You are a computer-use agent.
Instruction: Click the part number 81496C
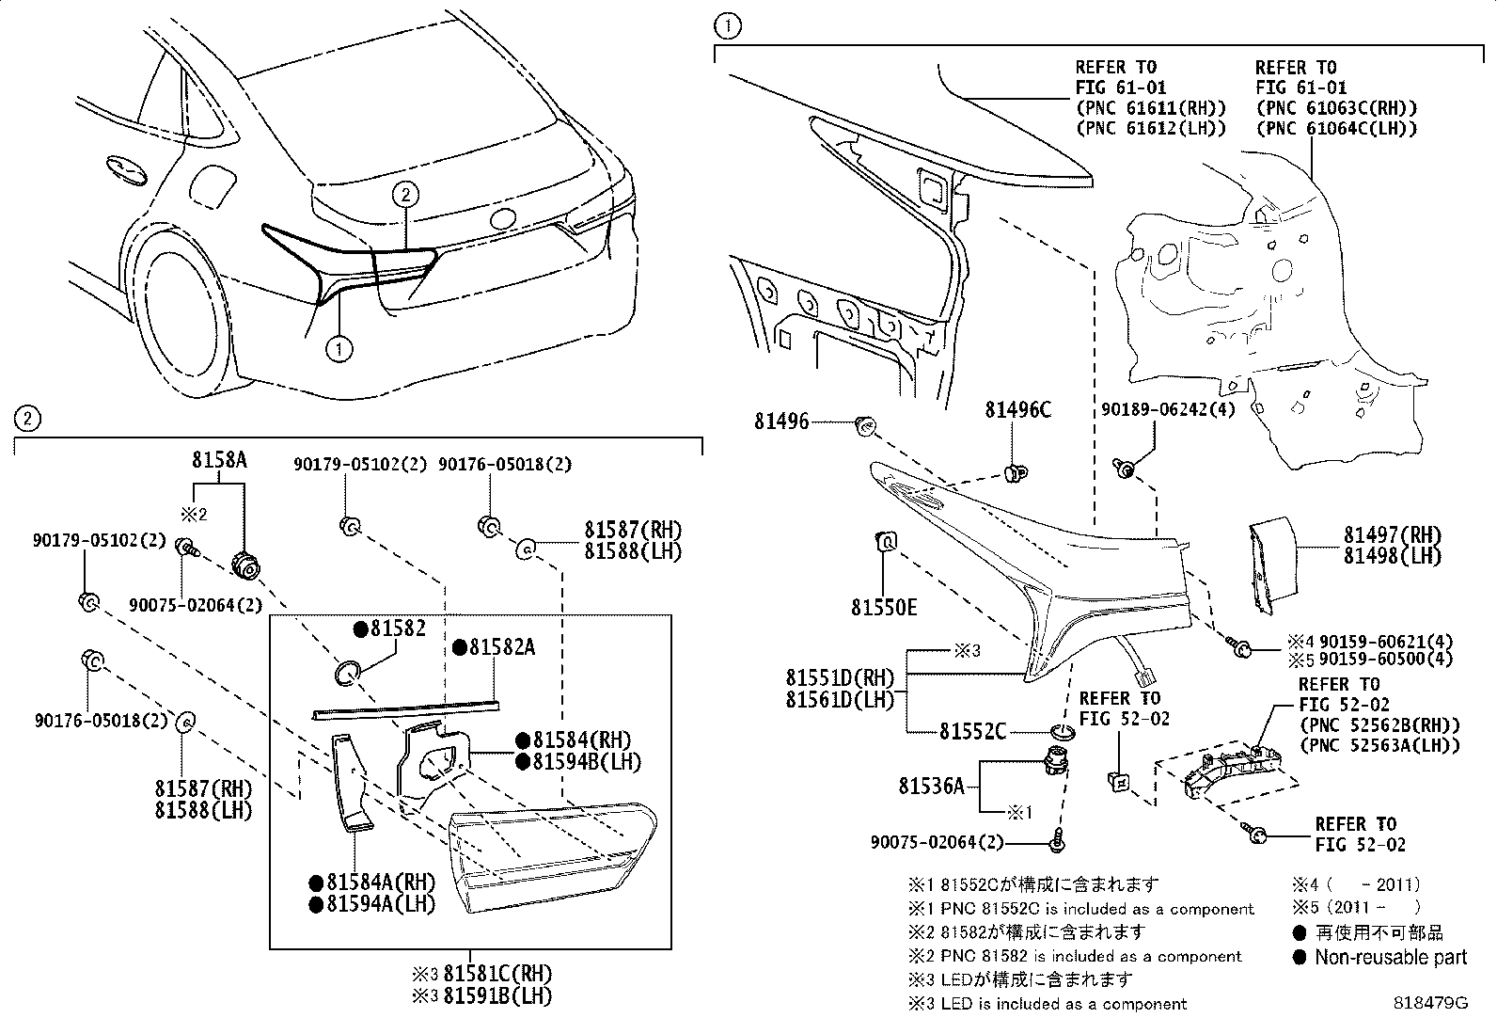(x=1017, y=410)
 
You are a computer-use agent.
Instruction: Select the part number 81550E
(x=884, y=608)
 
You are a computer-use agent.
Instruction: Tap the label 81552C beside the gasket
(x=972, y=731)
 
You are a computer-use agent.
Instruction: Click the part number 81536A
(x=931, y=786)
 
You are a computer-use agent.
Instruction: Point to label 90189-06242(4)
(x=1168, y=409)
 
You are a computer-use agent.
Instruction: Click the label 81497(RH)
(x=1392, y=534)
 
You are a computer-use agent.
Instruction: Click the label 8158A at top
(x=219, y=460)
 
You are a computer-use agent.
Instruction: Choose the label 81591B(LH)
(x=497, y=995)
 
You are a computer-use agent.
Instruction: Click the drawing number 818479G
(x=1429, y=1002)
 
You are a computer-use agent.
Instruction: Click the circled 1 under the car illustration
(x=339, y=349)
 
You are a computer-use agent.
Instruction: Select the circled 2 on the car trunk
(x=404, y=195)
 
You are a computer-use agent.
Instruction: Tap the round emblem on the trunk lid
(x=503, y=218)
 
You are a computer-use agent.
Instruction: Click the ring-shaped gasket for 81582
(x=348, y=672)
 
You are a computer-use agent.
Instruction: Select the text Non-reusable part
(x=1390, y=958)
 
